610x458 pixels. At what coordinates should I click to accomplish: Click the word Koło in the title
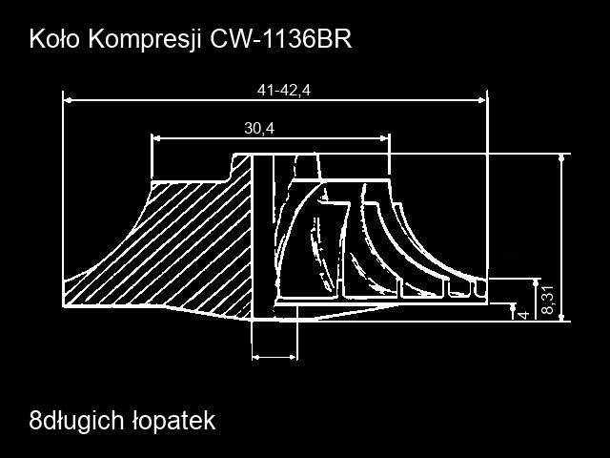54,39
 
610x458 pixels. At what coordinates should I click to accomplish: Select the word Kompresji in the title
145,40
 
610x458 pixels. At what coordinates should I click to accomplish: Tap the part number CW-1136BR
281,39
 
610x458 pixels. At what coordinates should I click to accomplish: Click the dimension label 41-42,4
284,91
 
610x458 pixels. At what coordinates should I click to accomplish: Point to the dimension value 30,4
259,128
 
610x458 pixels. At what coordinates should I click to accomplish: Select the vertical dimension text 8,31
548,300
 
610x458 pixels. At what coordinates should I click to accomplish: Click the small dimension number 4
524,314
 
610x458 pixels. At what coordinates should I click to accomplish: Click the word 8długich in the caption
76,421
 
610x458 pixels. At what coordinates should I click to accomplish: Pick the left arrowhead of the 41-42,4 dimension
68,100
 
